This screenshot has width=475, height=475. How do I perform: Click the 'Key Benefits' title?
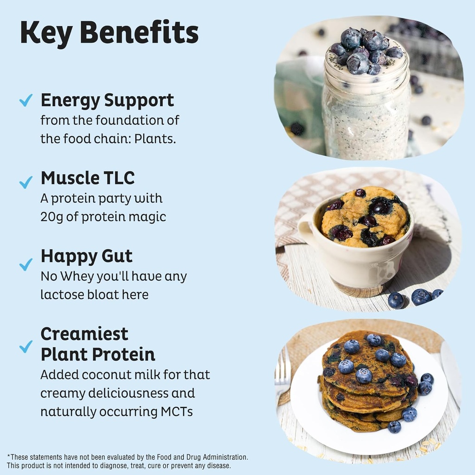[109, 33]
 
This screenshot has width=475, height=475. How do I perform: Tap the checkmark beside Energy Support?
[26, 100]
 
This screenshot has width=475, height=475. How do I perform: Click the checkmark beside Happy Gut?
[26, 264]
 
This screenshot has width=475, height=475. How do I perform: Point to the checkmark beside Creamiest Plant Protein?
[26, 346]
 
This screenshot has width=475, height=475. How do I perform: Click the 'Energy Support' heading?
[107, 100]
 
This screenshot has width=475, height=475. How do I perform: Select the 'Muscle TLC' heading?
[88, 178]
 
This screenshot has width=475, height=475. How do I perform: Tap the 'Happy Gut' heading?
[87, 256]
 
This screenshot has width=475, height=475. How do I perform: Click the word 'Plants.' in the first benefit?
[155, 139]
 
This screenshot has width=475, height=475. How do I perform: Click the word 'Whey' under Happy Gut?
[76, 276]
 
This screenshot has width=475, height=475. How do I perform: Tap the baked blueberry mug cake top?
[366, 217]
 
